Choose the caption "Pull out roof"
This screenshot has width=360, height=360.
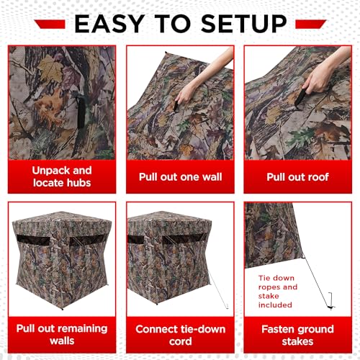[x=297, y=177]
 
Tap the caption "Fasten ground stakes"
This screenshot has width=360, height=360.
[x=297, y=334]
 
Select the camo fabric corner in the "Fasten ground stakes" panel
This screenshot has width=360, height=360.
[x=266, y=230]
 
